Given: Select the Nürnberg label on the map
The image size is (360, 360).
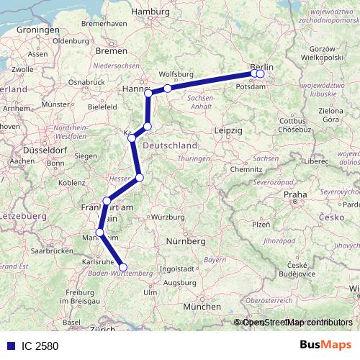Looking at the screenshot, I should pyautogui.click(x=186, y=241).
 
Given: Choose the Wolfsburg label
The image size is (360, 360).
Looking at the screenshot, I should pyautogui.click(x=176, y=73).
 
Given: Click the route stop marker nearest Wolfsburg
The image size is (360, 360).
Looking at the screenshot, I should pyautogui.click(x=167, y=89).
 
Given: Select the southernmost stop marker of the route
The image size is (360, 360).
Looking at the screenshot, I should pyautogui.click(x=123, y=267).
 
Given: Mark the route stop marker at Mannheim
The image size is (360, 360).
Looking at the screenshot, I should pyautogui.click(x=100, y=233).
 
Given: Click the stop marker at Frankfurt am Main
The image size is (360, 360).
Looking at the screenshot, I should pyautogui.click(x=107, y=201).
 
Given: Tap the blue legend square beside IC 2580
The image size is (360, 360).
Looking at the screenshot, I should pyautogui.click(x=8, y=346).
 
